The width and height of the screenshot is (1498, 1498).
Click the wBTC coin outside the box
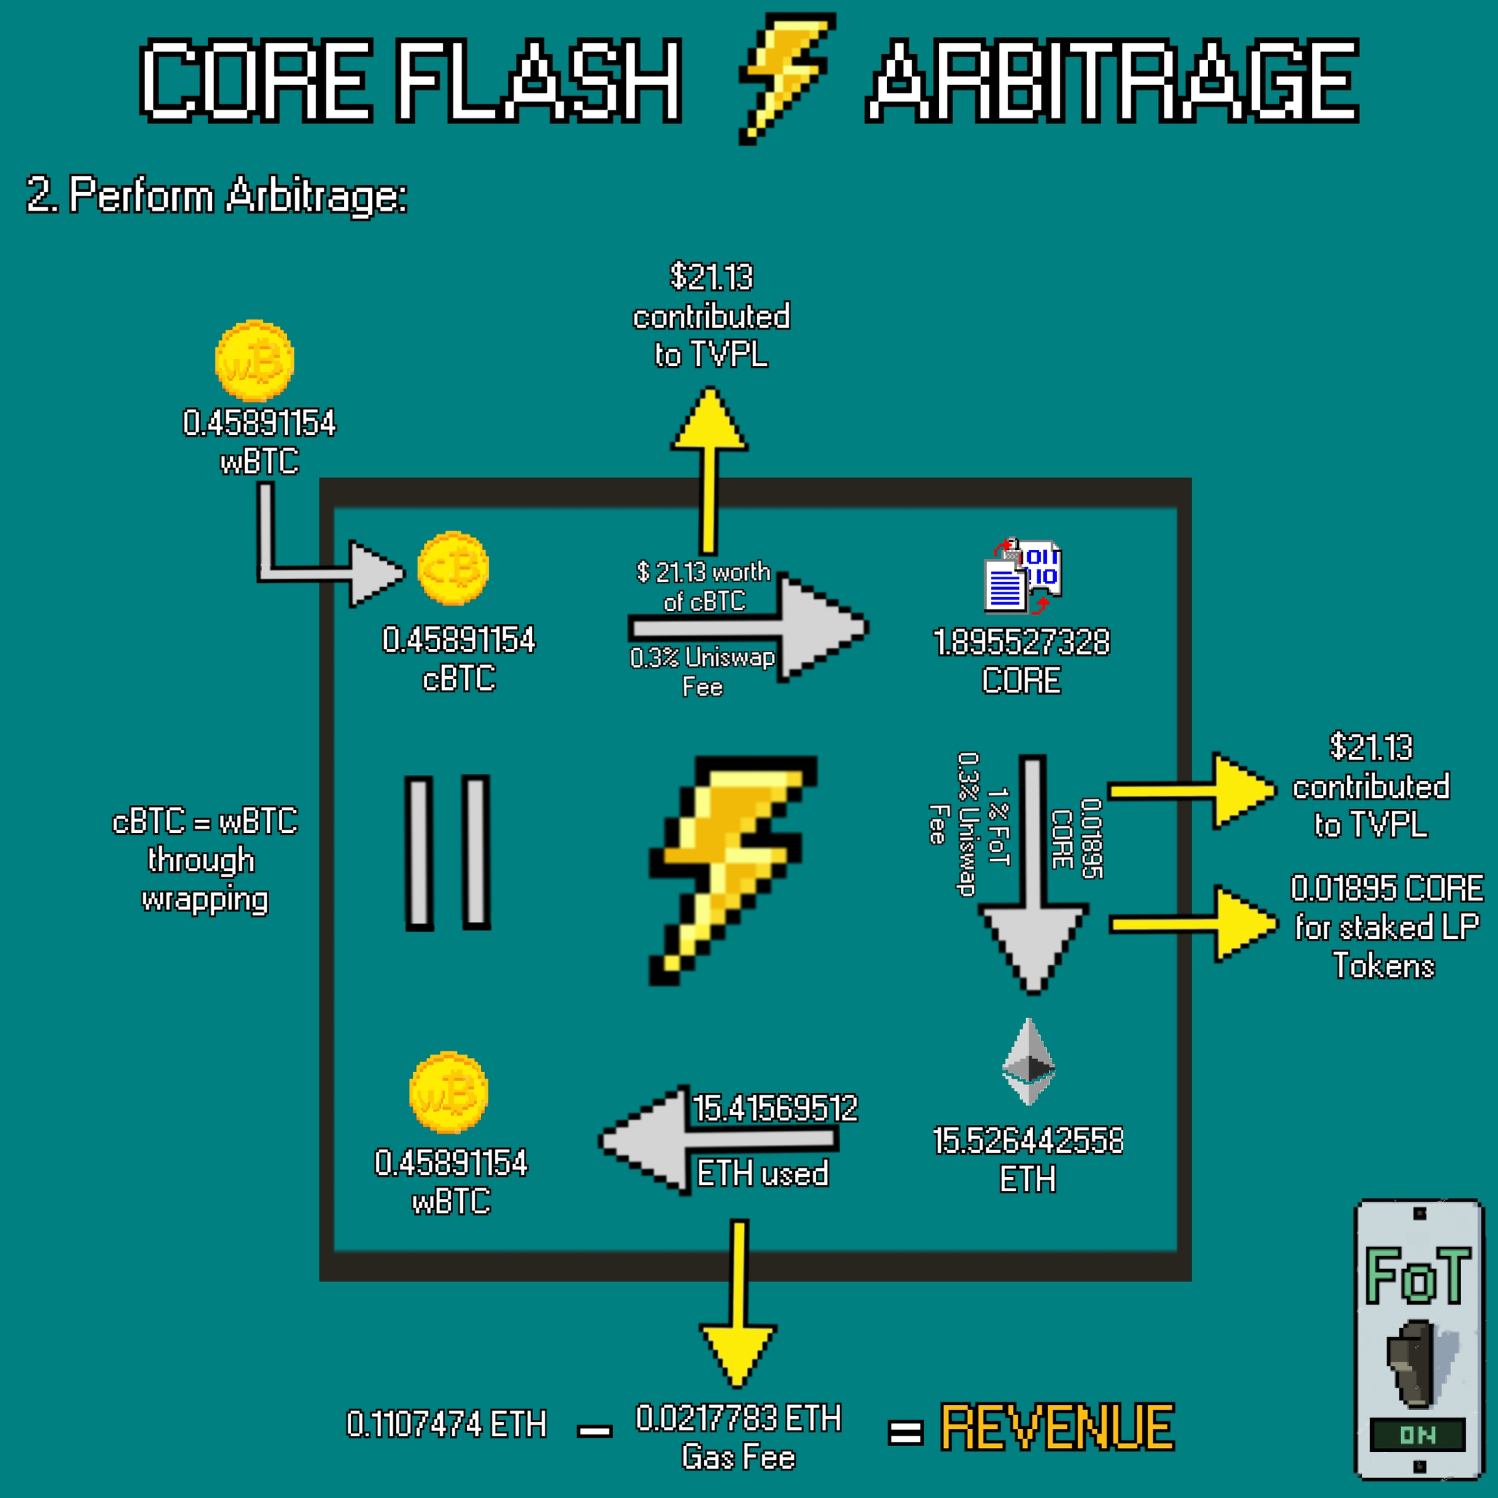click(254, 361)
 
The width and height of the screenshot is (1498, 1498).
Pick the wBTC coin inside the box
click(448, 1092)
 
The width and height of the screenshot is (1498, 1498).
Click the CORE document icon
click(1022, 576)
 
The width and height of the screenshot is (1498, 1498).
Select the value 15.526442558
click(1027, 1140)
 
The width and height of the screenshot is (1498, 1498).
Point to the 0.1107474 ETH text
click(446, 1425)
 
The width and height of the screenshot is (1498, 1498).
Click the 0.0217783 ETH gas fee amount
click(738, 1418)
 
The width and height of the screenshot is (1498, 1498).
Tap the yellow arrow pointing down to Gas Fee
click(738, 1310)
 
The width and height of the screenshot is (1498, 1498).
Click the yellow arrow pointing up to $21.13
click(709, 466)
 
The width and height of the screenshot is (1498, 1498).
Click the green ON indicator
click(1417, 1434)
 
